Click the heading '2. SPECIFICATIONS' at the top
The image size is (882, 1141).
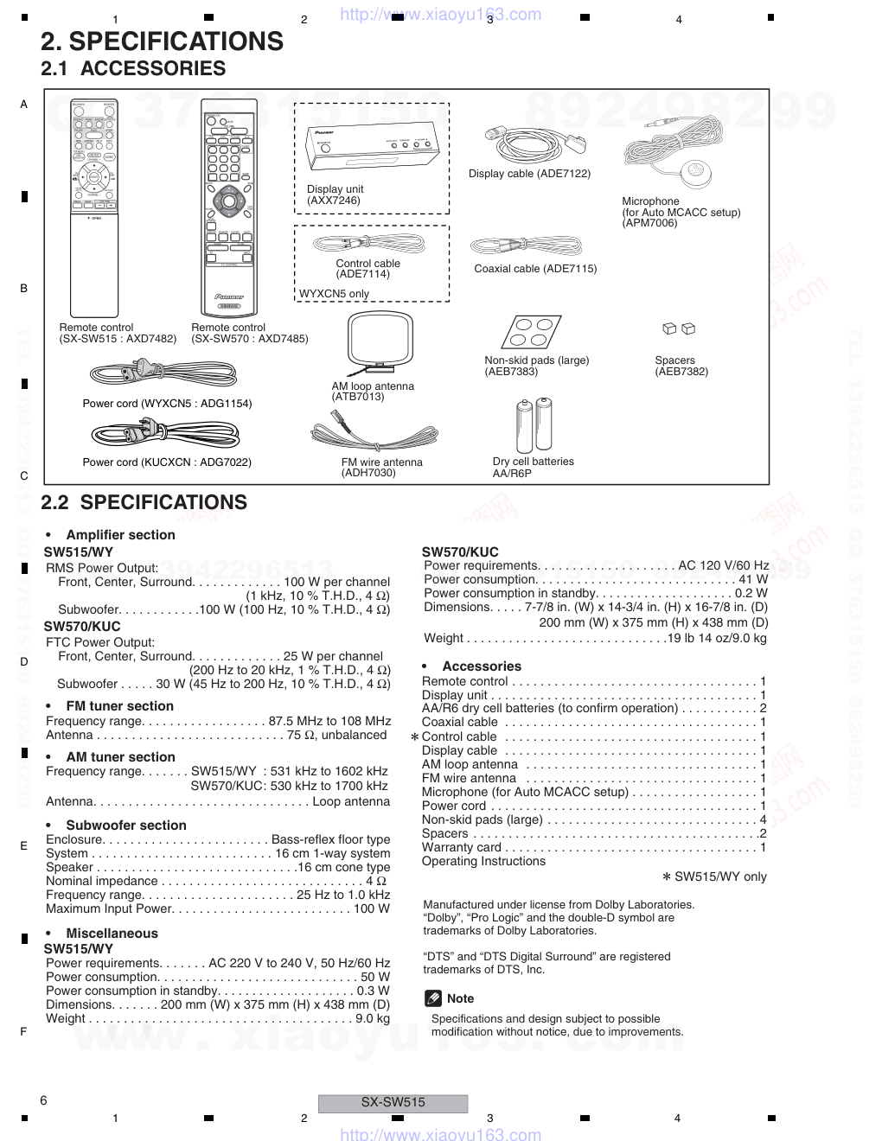[162, 41]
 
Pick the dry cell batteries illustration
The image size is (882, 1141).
[533, 425]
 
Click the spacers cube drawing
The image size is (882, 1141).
[679, 328]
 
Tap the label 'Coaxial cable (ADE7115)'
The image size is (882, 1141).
[535, 269]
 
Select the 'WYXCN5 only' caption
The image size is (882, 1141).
[334, 294]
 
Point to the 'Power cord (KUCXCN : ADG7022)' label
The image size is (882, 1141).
[167, 462]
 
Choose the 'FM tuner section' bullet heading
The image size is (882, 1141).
[119, 706]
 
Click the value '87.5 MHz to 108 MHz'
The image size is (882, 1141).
[329, 721]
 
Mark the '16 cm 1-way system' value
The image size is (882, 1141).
[333, 853]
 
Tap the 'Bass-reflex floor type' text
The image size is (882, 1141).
[330, 839]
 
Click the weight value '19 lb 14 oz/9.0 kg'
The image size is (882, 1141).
[717, 639]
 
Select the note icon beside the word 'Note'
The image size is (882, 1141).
[433, 998]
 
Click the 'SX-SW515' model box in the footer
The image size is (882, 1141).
[393, 1102]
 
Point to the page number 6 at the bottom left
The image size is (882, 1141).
[43, 1100]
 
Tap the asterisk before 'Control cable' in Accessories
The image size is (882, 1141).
[415, 737]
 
